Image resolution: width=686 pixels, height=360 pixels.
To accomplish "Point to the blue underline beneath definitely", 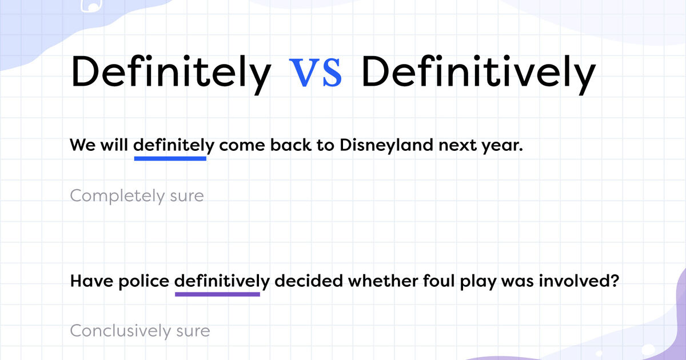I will coord(170,158).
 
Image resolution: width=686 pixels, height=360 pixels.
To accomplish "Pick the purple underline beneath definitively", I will coord(217,294).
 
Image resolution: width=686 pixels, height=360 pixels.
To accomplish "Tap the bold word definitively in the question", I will coord(222,281).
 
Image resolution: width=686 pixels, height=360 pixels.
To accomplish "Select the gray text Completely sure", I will coord(137,196).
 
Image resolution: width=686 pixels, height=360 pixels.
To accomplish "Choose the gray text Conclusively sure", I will coord(140,331).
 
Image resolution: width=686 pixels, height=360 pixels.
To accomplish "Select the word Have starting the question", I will coord(89,281).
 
